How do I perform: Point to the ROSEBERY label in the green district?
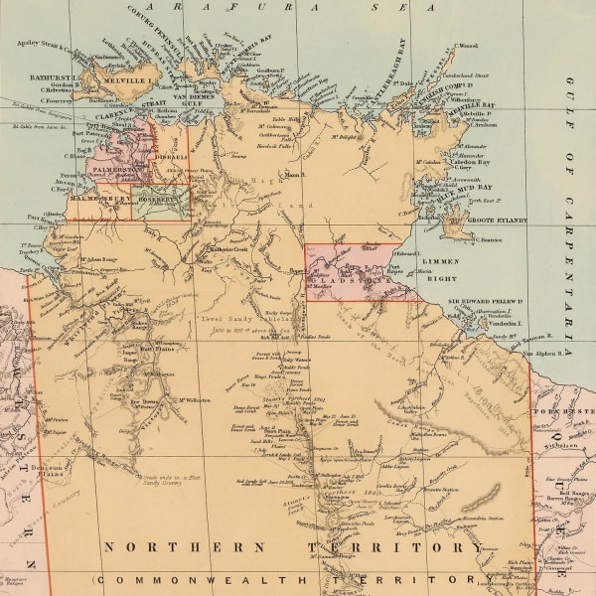pos(160,198)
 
